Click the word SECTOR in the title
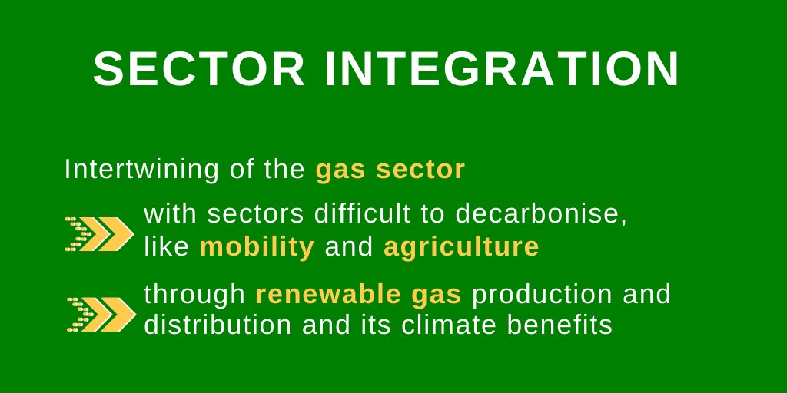point(199,70)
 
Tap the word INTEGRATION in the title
point(501,70)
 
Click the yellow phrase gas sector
point(390,170)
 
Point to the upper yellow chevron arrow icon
point(99,233)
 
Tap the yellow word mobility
point(257,247)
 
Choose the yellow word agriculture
point(461,247)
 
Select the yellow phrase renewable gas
point(358,294)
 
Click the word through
point(194,295)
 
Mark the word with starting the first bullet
point(169,214)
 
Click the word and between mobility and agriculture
point(348,247)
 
